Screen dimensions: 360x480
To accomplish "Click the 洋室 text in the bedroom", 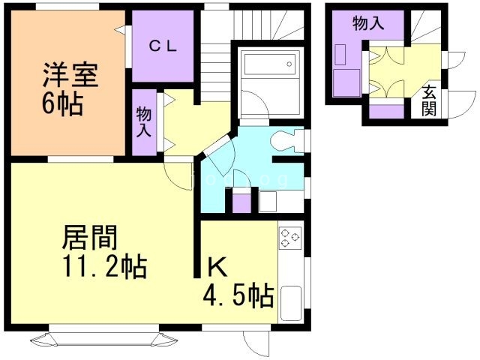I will tap(70, 74).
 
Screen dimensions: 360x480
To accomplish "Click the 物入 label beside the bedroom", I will tap(144, 121).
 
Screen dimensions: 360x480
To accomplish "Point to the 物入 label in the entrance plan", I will tap(368, 22).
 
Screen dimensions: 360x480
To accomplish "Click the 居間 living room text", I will tap(88, 239).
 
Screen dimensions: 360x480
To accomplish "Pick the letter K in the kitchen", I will tap(216, 266).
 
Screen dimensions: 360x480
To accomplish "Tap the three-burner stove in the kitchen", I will tap(290, 238).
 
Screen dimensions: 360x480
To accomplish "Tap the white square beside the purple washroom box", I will tap(268, 202).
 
